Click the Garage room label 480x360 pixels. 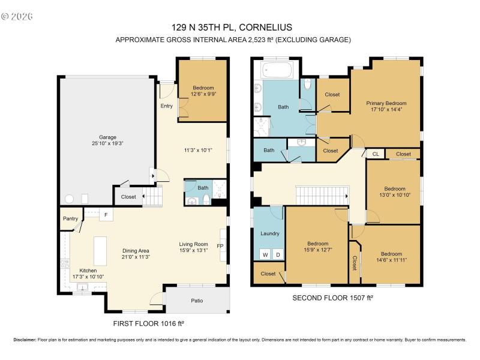coord(107,140)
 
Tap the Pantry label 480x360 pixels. coord(70,219)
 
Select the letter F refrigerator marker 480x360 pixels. coord(106,214)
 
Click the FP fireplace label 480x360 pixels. coord(220,246)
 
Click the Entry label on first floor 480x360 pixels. coord(166,106)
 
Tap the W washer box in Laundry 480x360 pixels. coord(264,254)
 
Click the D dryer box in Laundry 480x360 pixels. coord(277,254)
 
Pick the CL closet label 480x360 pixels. coord(376,154)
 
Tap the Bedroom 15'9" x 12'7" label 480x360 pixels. coord(317,247)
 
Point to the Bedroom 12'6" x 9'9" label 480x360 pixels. coord(203,91)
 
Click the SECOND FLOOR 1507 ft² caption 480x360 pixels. coord(328,298)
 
